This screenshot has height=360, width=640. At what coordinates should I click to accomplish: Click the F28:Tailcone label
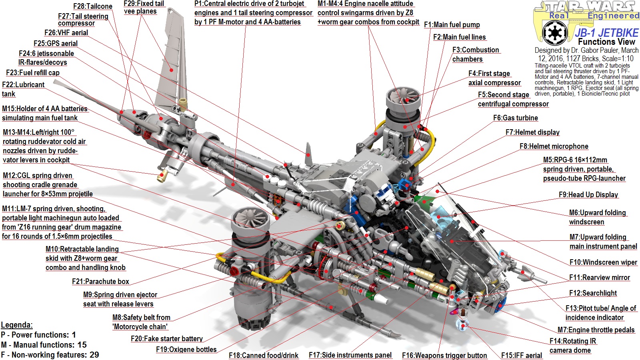point(92,6)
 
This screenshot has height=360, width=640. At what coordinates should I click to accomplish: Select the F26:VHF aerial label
point(66,33)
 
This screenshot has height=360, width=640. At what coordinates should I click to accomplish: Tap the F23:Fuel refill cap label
point(32,73)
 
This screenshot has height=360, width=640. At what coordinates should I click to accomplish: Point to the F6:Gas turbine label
point(515,118)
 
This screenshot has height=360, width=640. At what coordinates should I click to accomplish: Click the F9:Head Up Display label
point(588,195)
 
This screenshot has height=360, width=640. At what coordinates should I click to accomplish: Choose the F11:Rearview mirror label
point(599,278)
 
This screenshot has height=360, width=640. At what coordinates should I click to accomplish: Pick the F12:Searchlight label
point(593,293)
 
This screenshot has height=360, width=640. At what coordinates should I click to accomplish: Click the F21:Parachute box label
point(100,282)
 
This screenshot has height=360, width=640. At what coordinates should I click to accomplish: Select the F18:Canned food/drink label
point(263,355)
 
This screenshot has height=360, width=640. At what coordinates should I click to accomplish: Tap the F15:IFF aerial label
point(521,355)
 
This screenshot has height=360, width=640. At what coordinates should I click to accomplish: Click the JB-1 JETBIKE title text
point(606,33)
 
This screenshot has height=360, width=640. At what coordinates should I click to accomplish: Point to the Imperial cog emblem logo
point(554,32)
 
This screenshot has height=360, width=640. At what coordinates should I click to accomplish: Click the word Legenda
point(16,325)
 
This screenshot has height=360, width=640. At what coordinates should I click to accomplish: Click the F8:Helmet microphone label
point(554,146)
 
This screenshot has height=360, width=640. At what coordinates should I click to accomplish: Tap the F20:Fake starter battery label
point(166,339)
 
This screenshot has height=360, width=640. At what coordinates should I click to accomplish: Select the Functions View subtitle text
point(606,42)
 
